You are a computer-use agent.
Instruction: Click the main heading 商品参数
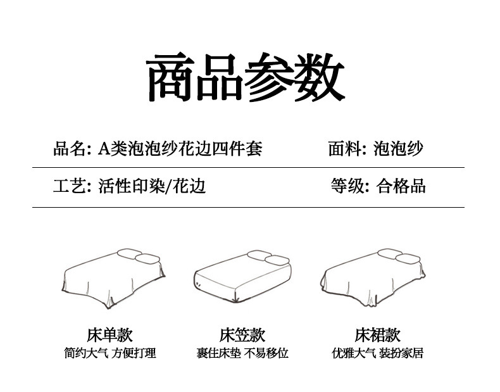[x=246, y=78]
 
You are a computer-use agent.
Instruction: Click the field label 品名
[x=68, y=149]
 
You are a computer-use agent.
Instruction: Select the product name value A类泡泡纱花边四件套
[x=180, y=149]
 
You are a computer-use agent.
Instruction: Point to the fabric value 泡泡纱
[x=398, y=149]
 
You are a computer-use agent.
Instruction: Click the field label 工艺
[x=68, y=186]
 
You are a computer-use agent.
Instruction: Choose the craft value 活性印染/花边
[x=152, y=186]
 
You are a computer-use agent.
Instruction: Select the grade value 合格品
[x=401, y=186]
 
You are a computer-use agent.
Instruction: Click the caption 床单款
[x=109, y=335]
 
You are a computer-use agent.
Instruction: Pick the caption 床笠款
[x=242, y=335]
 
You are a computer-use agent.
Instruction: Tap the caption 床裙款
[x=377, y=335]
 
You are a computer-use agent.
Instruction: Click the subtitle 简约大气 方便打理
[x=109, y=353]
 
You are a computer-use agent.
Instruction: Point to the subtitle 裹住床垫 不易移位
[x=242, y=353]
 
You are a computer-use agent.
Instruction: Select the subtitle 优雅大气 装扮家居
[x=377, y=353]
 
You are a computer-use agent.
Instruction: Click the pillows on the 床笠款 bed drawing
[x=268, y=258]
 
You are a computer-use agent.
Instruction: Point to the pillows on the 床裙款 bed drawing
[x=399, y=256]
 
